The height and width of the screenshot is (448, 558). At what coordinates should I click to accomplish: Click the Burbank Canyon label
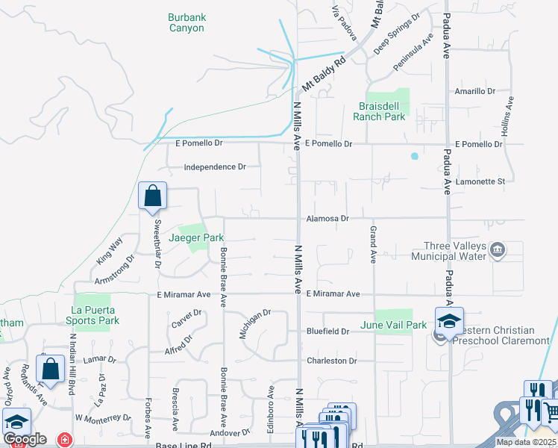coord(186,22)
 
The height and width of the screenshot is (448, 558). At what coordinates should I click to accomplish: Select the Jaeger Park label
coord(196,237)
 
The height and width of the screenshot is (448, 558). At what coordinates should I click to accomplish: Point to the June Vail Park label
coord(393,325)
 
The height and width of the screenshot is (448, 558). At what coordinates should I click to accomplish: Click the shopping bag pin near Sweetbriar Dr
coord(152,196)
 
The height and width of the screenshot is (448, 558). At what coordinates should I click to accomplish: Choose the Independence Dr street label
coord(215,167)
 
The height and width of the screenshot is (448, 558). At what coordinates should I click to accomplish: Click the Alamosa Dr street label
coord(327,219)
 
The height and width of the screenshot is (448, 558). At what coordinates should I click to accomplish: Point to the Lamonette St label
coord(480,181)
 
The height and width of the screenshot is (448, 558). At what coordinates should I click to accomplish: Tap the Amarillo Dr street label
coord(474,91)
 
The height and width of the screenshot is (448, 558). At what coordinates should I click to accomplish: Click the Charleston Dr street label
coord(332,361)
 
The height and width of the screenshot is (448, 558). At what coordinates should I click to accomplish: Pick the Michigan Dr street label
coord(254,324)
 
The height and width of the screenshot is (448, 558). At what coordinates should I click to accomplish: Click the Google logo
coord(25,439)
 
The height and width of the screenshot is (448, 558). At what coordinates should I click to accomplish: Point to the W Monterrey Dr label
coord(103,417)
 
